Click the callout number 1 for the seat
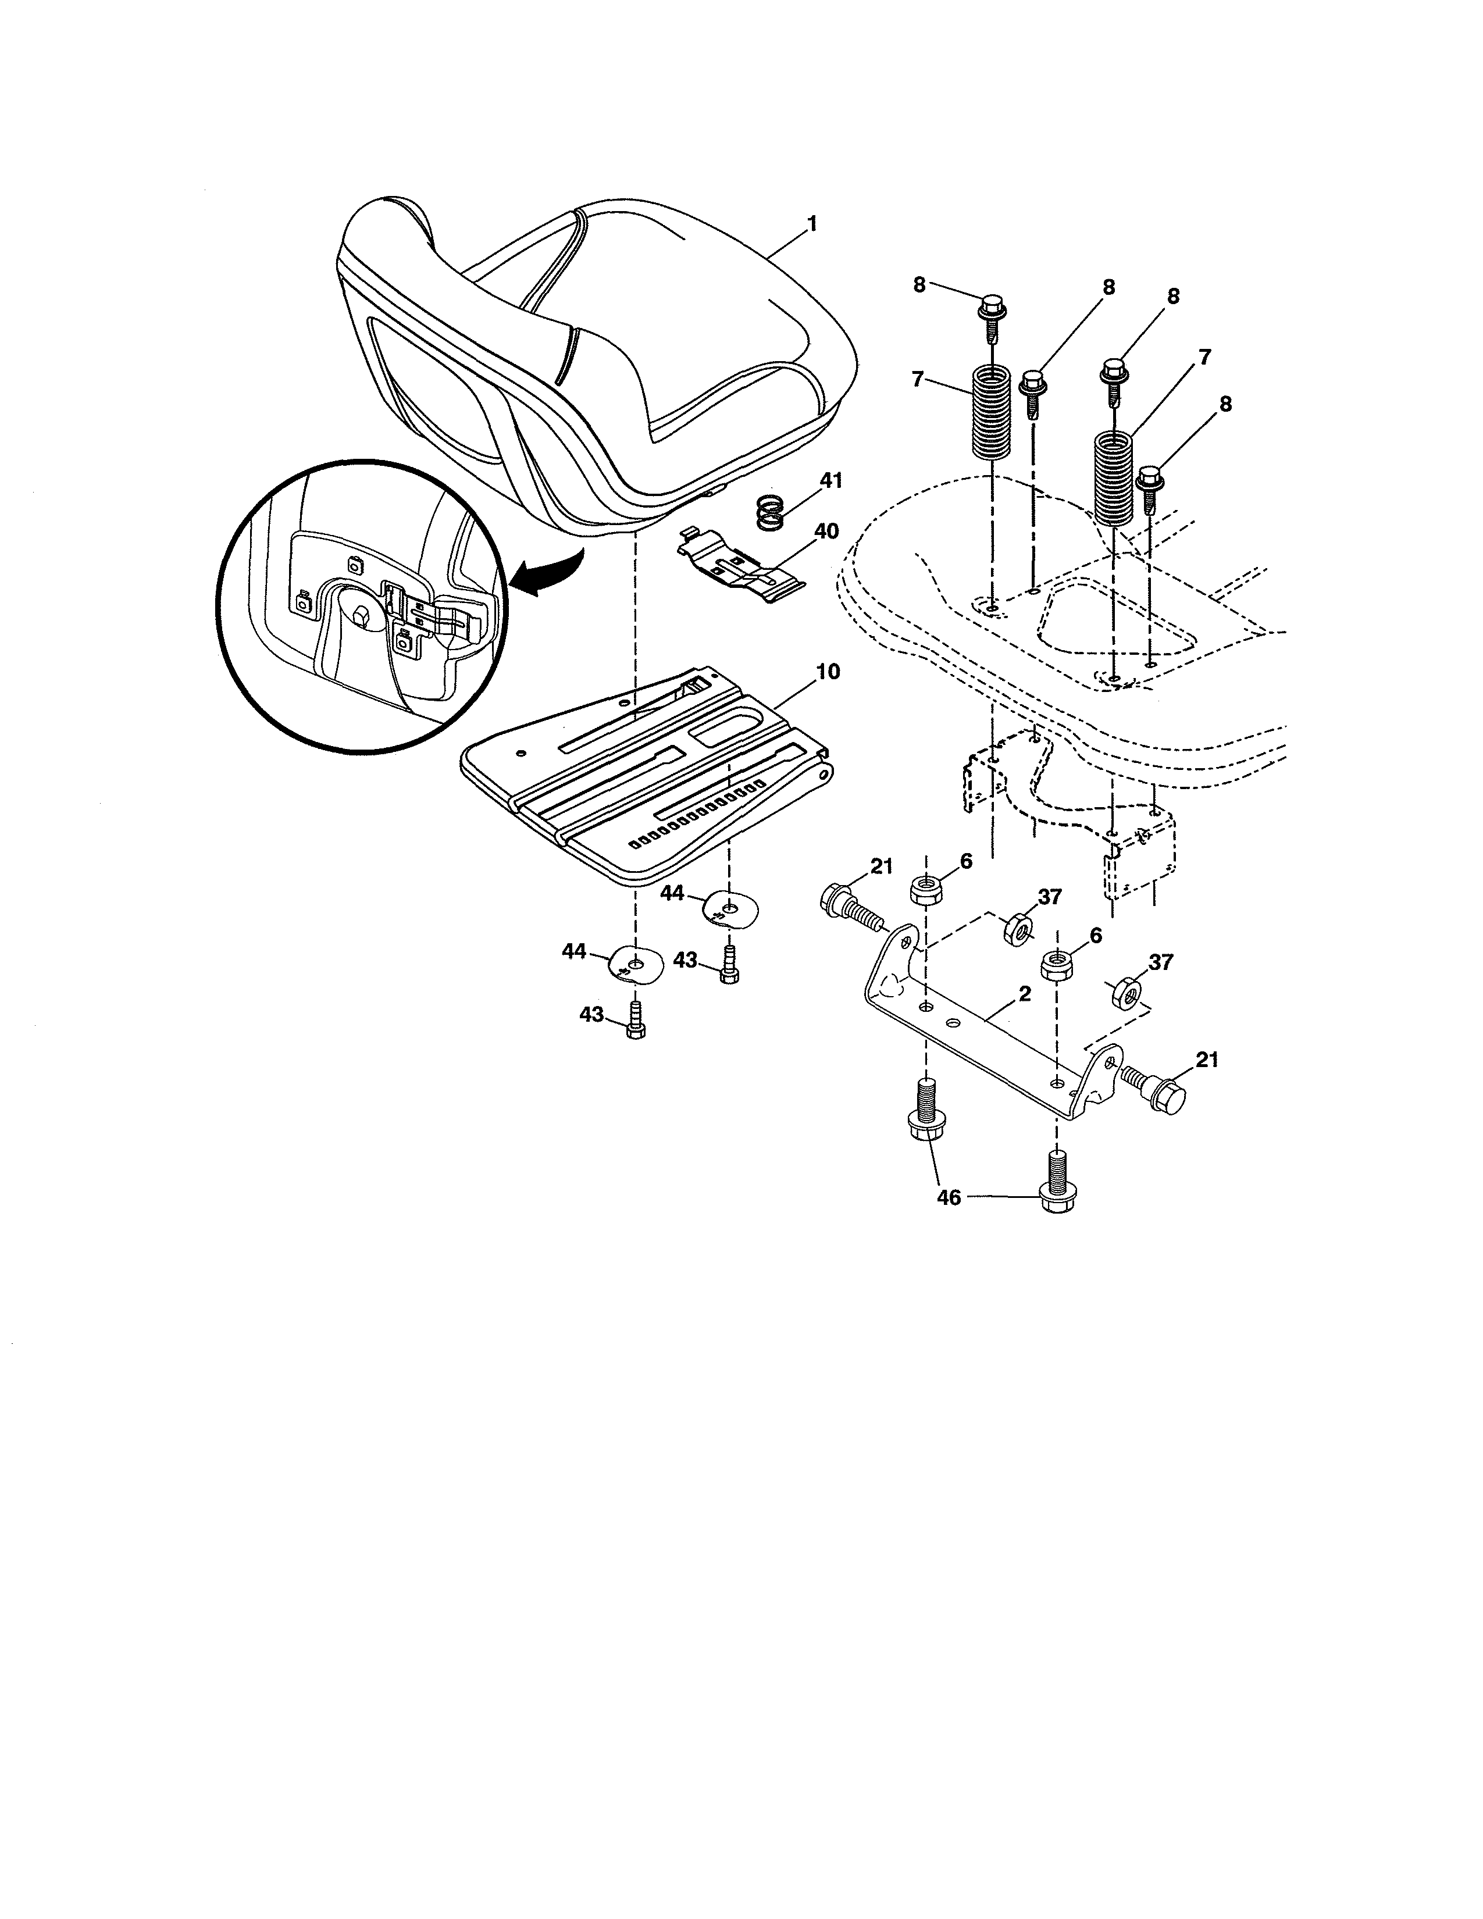[x=812, y=224]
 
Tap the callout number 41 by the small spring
[x=830, y=481]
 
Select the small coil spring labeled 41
[x=771, y=512]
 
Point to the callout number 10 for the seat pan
[x=828, y=672]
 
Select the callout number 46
[x=949, y=1197]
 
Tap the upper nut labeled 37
[x=1018, y=928]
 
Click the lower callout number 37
[x=1161, y=962]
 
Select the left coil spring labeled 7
[x=991, y=413]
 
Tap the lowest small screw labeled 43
[x=635, y=1023]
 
